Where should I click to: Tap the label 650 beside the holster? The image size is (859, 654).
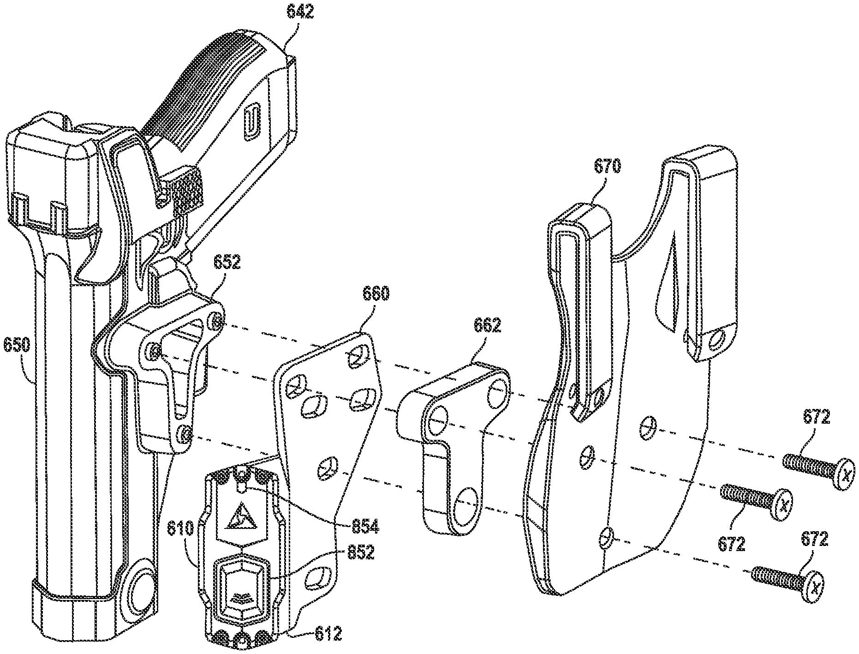pyautogui.click(x=17, y=345)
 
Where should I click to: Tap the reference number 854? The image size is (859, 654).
pyautogui.click(x=364, y=526)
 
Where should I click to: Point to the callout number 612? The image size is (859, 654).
pyautogui.click(x=328, y=634)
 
